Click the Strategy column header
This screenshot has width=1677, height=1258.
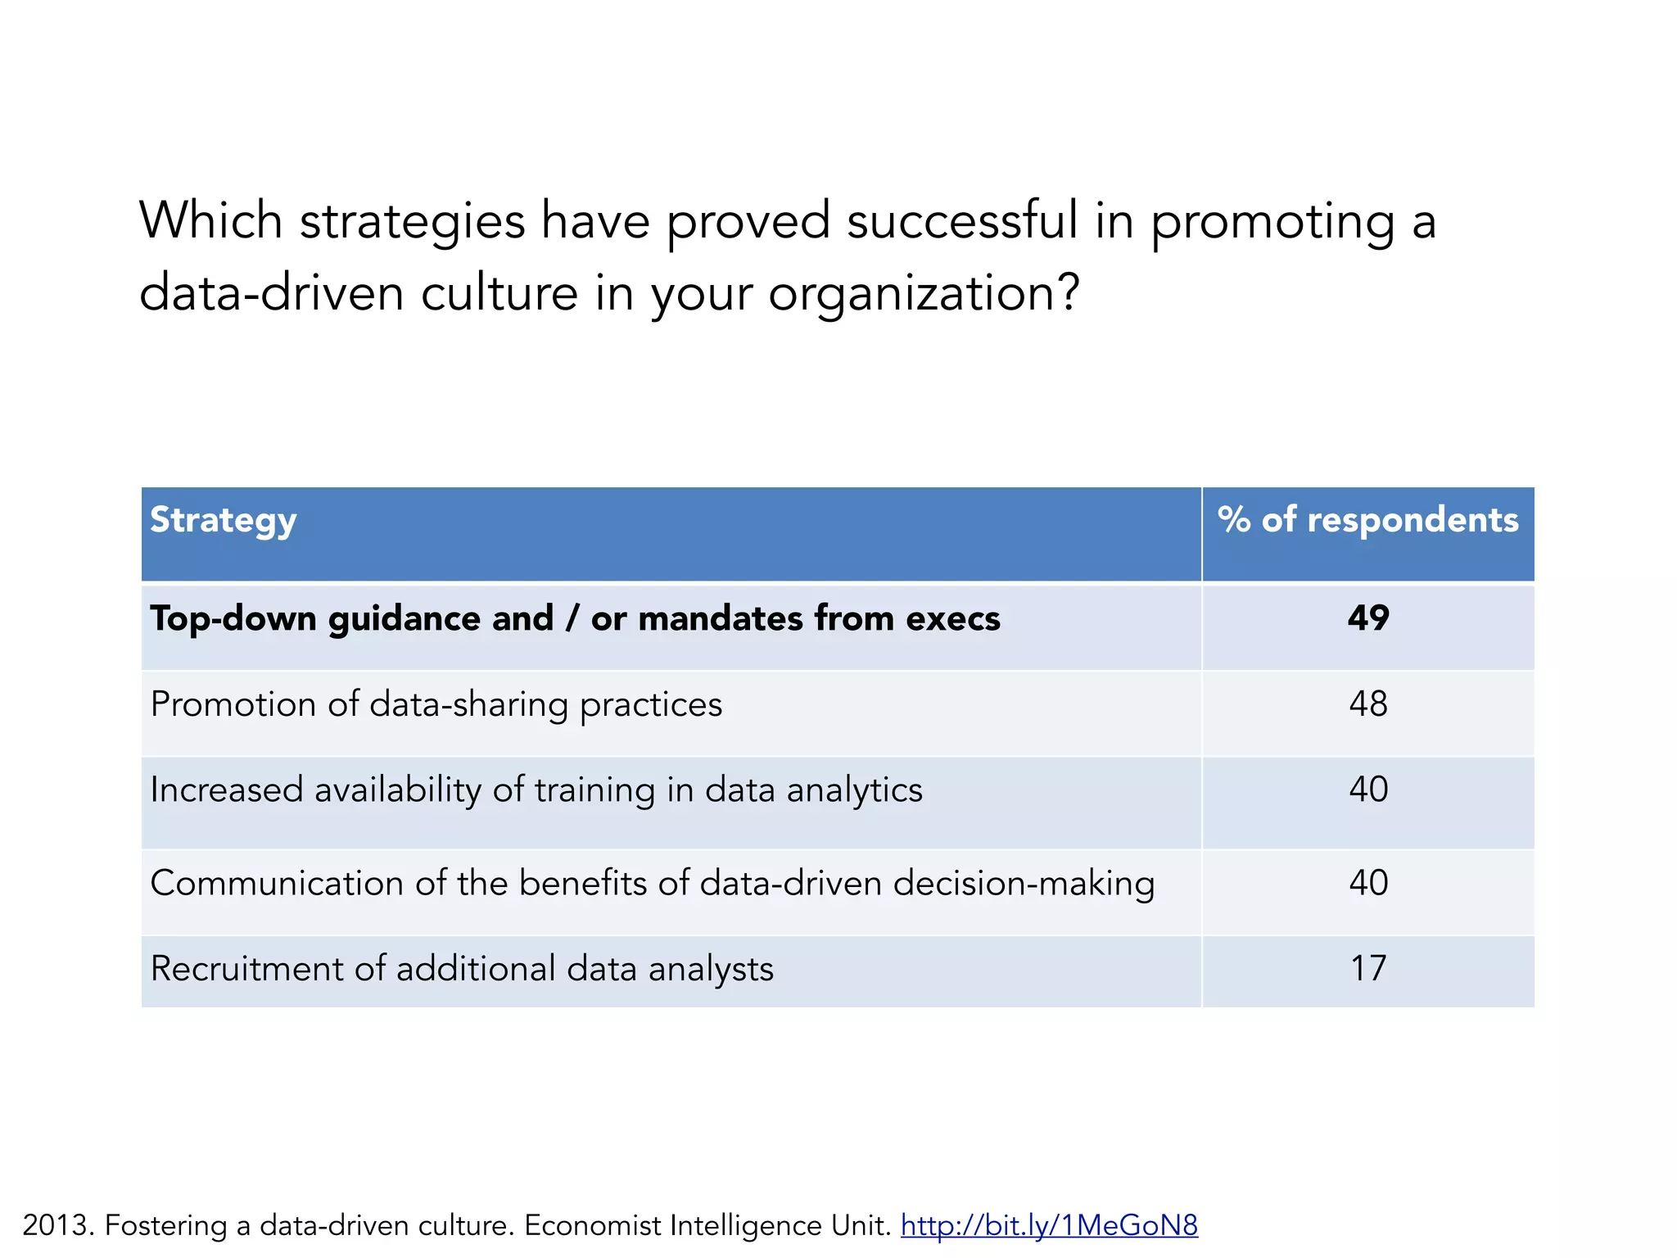223,521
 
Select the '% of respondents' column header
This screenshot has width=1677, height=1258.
1367,520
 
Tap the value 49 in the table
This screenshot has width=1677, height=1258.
1368,618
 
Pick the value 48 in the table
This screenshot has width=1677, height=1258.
1368,704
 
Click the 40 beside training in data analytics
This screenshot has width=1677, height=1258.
1368,790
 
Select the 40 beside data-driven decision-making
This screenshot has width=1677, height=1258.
1368,883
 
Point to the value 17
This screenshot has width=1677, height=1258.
1368,969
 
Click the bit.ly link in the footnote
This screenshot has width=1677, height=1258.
1049,1225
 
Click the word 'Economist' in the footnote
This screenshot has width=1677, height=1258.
593,1225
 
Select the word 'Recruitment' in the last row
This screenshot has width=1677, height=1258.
246,969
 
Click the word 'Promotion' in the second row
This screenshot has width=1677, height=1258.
233,704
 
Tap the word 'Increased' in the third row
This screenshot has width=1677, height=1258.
227,790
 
